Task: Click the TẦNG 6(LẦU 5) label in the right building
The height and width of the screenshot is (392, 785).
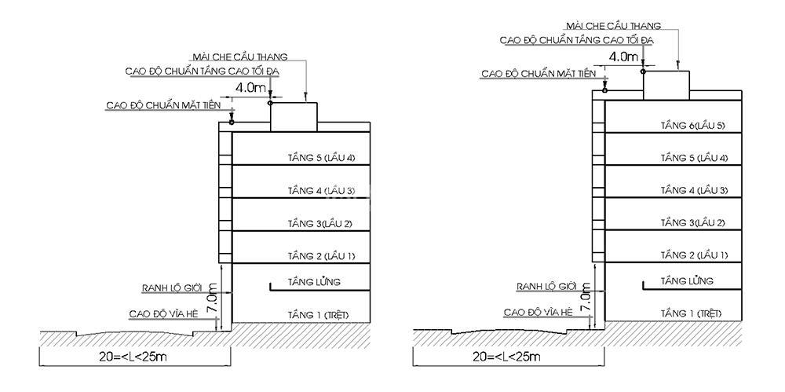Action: tap(693, 126)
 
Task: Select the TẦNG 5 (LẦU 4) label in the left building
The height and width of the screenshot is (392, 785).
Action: tap(321, 159)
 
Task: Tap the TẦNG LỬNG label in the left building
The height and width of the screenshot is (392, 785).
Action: tap(314, 282)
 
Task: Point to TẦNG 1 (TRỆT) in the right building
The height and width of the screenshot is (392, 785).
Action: tap(692, 313)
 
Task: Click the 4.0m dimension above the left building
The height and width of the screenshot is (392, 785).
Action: tap(250, 87)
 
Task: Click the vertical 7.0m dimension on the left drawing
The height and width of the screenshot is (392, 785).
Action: tap(212, 299)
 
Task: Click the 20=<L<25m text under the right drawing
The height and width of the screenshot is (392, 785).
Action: tap(506, 357)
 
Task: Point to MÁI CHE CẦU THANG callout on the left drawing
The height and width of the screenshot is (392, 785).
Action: tap(239, 57)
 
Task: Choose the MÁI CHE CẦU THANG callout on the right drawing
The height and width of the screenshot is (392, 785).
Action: tap(613, 26)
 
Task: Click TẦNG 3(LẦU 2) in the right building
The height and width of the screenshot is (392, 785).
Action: tap(692, 222)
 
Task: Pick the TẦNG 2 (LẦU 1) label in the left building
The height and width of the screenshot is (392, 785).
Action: tap(321, 256)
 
